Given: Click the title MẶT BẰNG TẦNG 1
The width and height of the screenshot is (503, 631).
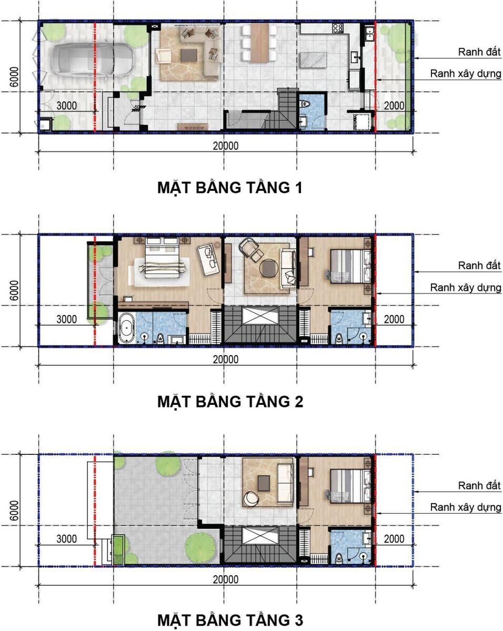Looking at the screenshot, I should coord(230,188).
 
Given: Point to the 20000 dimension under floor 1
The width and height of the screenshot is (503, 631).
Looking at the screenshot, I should coord(225,146).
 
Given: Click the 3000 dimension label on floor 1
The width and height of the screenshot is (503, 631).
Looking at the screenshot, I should coord(66,105).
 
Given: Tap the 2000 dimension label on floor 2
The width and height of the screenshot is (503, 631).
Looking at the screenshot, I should coord(394,319).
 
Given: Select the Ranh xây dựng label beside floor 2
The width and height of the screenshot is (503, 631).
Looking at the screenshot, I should coord(466,288).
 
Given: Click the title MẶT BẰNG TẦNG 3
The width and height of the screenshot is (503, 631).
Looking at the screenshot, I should coord(230,619).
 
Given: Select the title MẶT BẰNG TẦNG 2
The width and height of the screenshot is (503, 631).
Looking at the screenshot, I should coord(230,402).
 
